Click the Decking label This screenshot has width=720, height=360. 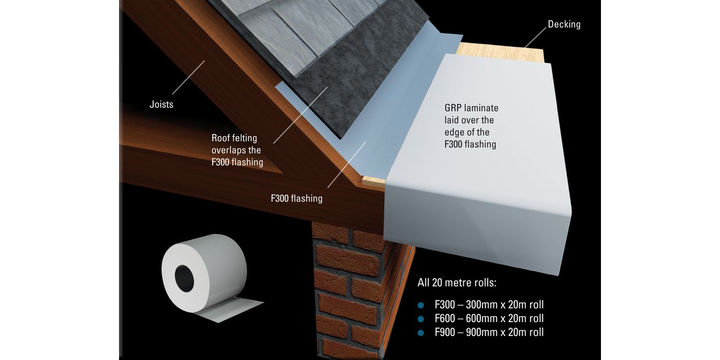pyautogui.click(x=564, y=24)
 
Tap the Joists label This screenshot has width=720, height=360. pyautogui.click(x=161, y=104)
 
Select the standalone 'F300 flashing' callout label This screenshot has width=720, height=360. pyautogui.click(x=297, y=198)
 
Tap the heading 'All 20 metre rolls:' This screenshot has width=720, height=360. pyautogui.click(x=457, y=282)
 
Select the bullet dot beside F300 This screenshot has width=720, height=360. pyautogui.click(x=421, y=305)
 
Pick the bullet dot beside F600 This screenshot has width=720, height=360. pyautogui.click(x=421, y=319)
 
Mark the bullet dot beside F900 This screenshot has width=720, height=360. pyautogui.click(x=421, y=332)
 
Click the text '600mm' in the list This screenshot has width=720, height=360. pyautogui.click(x=481, y=318)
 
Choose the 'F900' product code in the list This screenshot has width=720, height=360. pyautogui.click(x=445, y=332)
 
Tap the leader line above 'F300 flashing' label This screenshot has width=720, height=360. pyautogui.click(x=347, y=164)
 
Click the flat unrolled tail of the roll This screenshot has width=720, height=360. pyautogui.click(x=240, y=309)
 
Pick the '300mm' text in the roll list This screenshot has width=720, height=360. pyautogui.click(x=481, y=305)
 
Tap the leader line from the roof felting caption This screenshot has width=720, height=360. pyautogui.click(x=300, y=115)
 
